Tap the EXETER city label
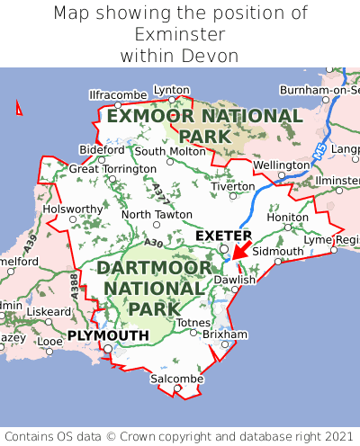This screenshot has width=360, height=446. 223,236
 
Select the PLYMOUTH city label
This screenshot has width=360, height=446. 108,335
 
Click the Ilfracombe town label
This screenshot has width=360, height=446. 118,94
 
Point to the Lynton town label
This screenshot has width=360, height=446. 172,90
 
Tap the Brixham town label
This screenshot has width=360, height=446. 224,334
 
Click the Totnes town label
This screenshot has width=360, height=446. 193,322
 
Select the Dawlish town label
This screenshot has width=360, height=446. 235,280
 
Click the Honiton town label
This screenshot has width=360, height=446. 288,217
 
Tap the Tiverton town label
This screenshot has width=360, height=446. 233,186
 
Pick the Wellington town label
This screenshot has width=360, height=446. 281,165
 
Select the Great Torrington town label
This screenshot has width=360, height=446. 112,168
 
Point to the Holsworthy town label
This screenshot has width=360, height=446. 74,209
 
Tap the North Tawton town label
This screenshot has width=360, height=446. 157,215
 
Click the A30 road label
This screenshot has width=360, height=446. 153,243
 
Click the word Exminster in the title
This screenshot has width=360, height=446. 180,34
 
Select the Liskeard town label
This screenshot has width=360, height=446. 48,311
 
